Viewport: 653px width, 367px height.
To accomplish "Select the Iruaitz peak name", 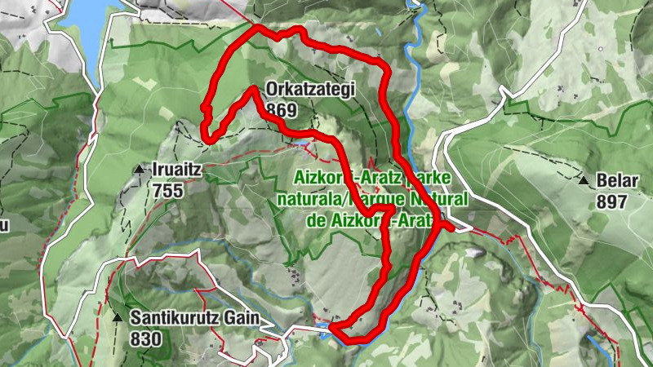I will pos(177,170).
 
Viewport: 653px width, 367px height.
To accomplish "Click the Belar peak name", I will pos(612,181).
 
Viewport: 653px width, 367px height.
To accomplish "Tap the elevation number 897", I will pos(612,201).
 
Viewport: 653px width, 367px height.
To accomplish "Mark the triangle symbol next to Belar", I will pos(584,180).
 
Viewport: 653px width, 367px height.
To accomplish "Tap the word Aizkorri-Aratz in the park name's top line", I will pos(335,179).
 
